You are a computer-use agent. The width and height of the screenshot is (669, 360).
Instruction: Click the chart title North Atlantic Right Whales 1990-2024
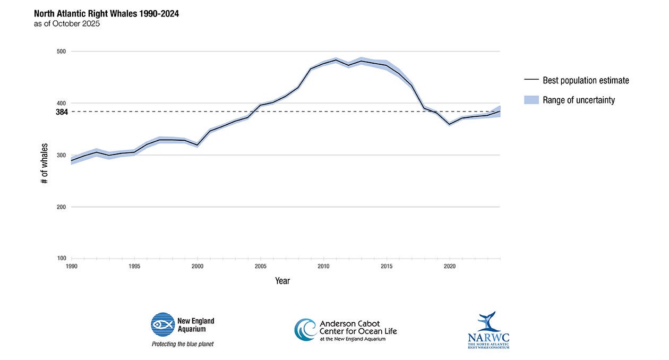[x=106, y=14]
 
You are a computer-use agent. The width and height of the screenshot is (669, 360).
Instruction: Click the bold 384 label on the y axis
[x=62, y=112]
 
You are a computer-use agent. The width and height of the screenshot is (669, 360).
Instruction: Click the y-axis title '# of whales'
[x=44, y=164]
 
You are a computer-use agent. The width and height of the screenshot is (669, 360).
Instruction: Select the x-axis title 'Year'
[x=282, y=281]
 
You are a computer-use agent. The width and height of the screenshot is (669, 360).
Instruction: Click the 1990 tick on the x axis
[x=72, y=265]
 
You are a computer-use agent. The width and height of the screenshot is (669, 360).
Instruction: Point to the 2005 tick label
[x=261, y=265]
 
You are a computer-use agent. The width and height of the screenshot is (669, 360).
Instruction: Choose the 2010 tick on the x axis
[x=323, y=265]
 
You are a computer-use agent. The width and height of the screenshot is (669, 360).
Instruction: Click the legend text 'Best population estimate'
[x=586, y=81]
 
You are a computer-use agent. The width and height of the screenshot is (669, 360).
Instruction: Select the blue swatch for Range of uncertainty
[x=531, y=100]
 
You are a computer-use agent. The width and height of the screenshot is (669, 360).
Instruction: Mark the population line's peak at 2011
[x=336, y=60]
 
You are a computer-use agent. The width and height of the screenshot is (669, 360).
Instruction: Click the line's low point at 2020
[x=450, y=124]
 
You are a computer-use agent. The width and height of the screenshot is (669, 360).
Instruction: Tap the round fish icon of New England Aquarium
[x=162, y=324]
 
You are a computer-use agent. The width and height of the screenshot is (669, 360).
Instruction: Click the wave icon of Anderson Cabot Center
[x=305, y=330]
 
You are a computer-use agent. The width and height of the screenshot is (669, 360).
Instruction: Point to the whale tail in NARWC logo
[x=487, y=321]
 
